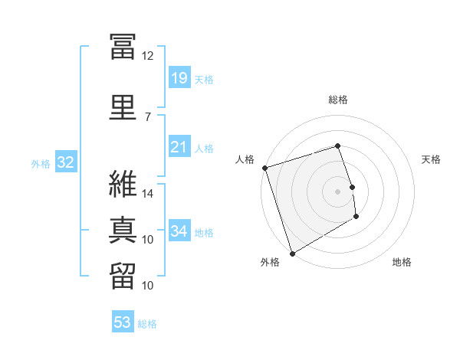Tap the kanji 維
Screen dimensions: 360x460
[x=123, y=184]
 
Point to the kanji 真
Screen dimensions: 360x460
[x=123, y=230]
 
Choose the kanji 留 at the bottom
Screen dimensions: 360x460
[x=123, y=276]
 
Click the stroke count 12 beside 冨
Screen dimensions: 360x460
[x=147, y=56]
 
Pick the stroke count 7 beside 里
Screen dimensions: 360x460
[x=147, y=116]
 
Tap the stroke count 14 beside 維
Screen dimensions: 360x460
[x=148, y=194]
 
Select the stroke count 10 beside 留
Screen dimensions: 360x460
[x=148, y=286]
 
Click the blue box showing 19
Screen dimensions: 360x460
[x=179, y=78]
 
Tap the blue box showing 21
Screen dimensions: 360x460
[x=179, y=147]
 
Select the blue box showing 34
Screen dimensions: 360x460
[x=179, y=231]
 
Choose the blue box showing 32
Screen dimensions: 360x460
[x=64, y=162]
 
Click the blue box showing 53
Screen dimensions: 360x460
[x=123, y=322]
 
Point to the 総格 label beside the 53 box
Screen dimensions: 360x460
[x=147, y=324]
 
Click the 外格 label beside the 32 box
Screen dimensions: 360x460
[x=41, y=163]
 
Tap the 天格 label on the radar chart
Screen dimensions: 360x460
[x=432, y=159]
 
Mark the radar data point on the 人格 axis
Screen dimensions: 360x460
[x=264, y=168]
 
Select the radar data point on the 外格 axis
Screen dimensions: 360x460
[x=292, y=253]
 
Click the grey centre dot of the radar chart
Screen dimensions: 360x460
[x=337, y=191]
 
